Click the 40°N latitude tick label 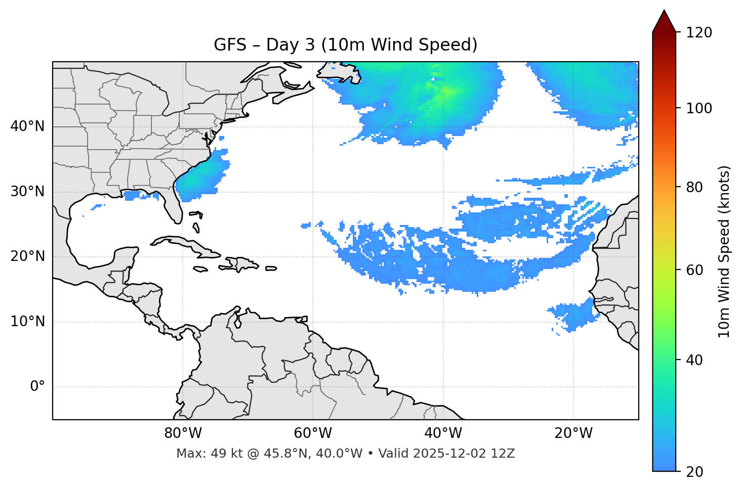coord(27,126)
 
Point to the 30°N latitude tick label coord(27,192)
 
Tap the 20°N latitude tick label coord(27,256)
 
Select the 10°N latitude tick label coord(27,322)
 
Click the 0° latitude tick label coord(37,387)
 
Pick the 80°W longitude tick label coord(183,433)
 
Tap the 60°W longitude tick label coord(313,433)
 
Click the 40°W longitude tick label coord(443,433)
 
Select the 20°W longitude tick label coord(573,433)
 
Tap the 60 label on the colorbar coord(694,270)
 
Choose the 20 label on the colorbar coord(694,472)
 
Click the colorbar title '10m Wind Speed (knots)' coord(724,251)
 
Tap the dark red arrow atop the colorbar coord(664,22)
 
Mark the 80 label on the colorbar coord(694,187)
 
